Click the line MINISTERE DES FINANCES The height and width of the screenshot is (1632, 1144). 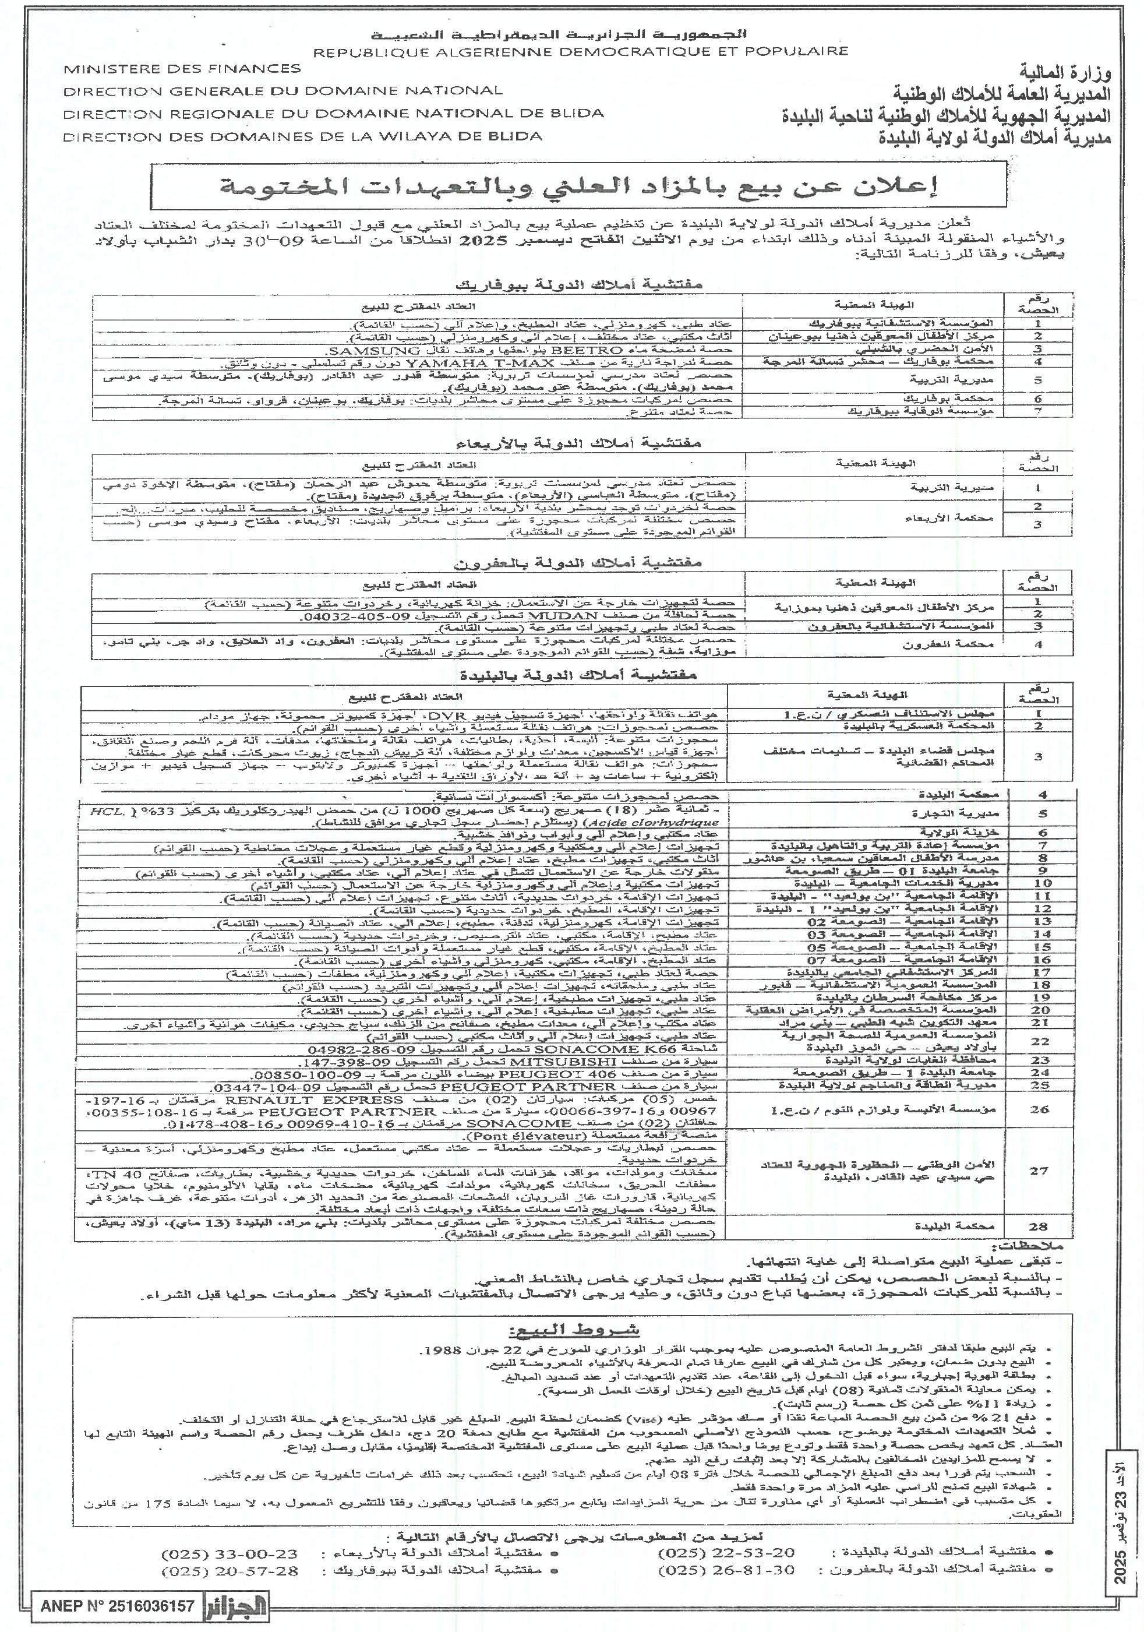click(182, 69)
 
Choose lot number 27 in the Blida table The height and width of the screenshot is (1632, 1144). click(1038, 1171)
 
